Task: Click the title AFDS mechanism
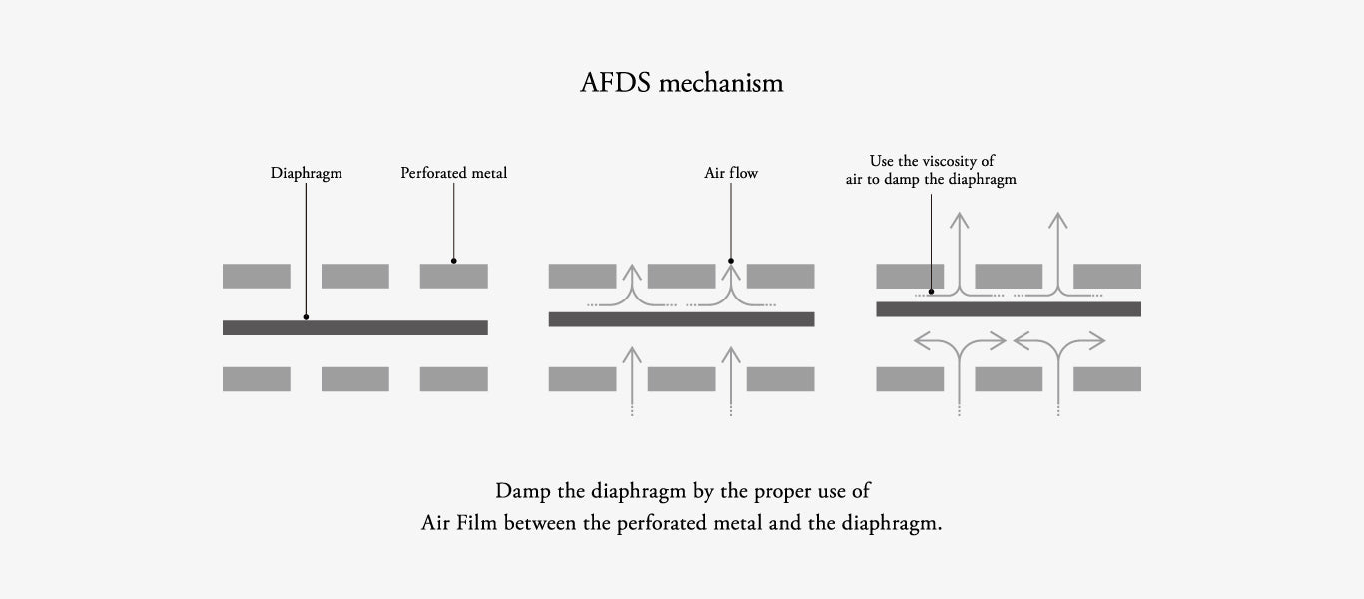pos(682,83)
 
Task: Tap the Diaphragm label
pos(306,173)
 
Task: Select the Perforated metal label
pos(454,173)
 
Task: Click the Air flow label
pos(731,173)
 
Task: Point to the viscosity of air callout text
pos(932,170)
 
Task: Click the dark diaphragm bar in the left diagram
pos(354,327)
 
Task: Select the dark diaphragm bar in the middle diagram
pos(681,319)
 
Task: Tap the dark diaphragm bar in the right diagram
pos(1009,309)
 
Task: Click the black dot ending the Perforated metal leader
pos(454,261)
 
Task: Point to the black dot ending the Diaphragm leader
pos(306,317)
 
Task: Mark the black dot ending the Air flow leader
pos(731,261)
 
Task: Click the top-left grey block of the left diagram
pos(257,276)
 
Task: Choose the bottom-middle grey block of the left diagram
pos(354,379)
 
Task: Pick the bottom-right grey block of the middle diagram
pos(780,379)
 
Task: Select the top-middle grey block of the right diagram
pos(1009,276)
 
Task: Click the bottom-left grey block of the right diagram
pos(910,379)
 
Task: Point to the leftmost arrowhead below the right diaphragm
pos(920,341)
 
